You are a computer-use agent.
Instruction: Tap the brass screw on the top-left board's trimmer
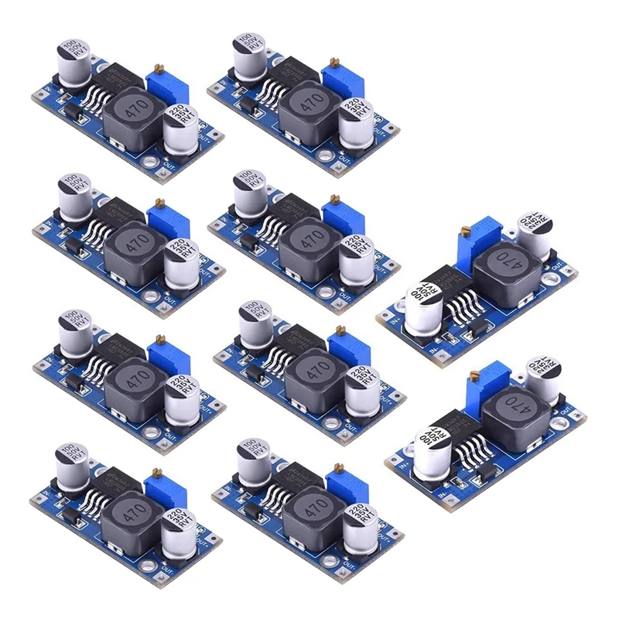161,70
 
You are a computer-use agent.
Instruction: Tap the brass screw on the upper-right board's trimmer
465,231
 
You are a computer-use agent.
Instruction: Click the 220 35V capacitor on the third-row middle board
361,389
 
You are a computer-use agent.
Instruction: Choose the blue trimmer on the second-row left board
168,221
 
